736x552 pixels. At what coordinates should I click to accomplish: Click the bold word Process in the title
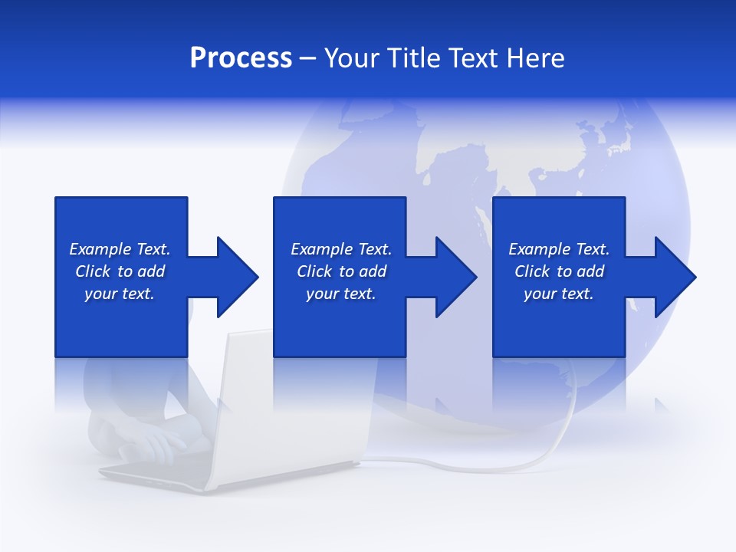pos(241,58)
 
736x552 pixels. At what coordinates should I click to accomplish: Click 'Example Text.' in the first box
pos(120,249)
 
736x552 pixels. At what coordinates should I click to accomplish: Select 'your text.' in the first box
pos(120,294)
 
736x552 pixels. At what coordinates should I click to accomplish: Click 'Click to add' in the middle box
pos(341,271)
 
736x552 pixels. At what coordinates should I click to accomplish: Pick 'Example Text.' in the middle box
pos(341,249)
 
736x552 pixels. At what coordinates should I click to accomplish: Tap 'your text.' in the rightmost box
pos(559,294)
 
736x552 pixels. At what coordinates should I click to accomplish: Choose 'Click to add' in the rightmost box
pos(559,271)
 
